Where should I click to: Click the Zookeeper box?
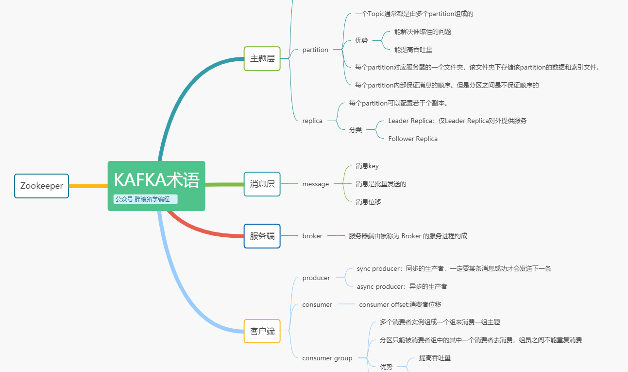pyautogui.click(x=41, y=186)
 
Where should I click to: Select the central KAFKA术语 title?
pyautogui.click(x=156, y=180)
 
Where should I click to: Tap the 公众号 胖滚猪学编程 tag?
pyautogui.click(x=146, y=199)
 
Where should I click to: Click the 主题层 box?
pyautogui.click(x=262, y=58)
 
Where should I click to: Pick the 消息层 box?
pyautogui.click(x=262, y=184)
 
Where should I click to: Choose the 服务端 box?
pyautogui.click(x=262, y=236)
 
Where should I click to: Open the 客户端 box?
pyautogui.click(x=262, y=331)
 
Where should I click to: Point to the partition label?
pyautogui.click(x=315, y=50)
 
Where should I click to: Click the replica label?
pyautogui.click(x=312, y=121)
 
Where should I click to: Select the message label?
pyautogui.click(x=315, y=184)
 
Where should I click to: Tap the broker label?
pyautogui.click(x=312, y=236)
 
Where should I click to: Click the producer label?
pyautogui.click(x=316, y=278)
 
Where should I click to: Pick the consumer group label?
pyautogui.click(x=327, y=358)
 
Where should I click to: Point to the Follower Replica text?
pyautogui.click(x=413, y=139)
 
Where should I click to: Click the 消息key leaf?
pyautogui.click(x=367, y=166)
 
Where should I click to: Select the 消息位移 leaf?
pyautogui.click(x=368, y=202)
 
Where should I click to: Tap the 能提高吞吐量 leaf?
pyautogui.click(x=413, y=50)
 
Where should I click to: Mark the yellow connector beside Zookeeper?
pyautogui.click(x=88, y=186)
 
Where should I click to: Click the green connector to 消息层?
pyautogui.click(x=224, y=184)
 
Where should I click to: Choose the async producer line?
pyautogui.click(x=402, y=286)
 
